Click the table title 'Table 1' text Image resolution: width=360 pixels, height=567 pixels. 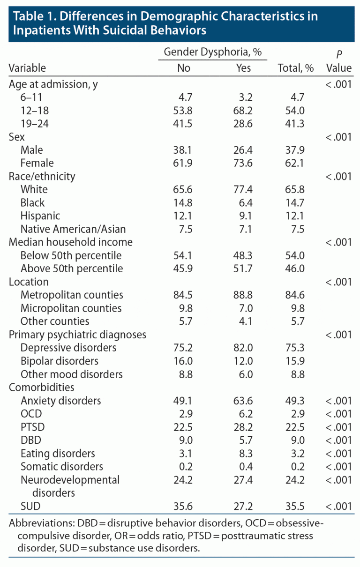(x=33, y=16)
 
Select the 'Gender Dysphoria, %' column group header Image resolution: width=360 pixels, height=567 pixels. (x=212, y=52)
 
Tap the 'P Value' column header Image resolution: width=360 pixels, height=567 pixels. (x=338, y=61)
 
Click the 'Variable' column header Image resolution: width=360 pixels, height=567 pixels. (x=27, y=68)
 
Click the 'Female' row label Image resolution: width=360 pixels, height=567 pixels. (x=37, y=163)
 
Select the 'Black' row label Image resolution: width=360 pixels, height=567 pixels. (x=33, y=203)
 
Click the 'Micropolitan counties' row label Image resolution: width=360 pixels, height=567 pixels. (x=71, y=308)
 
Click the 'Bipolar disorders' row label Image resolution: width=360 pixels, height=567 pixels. (x=60, y=361)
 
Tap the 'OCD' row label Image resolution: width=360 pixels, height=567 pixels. (x=30, y=414)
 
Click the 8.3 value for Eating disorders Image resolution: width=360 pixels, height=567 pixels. (x=244, y=454)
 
